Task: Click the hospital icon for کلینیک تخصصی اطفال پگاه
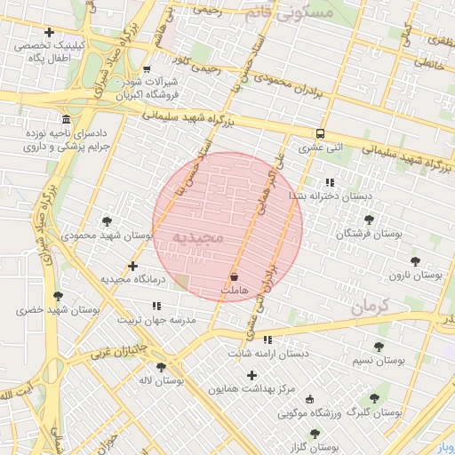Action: pyautogui.click(x=49, y=33)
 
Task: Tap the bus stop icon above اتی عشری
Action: pyautogui.click(x=320, y=134)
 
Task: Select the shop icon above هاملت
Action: pyautogui.click(x=234, y=277)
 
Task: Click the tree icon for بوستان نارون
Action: pyautogui.click(x=415, y=261)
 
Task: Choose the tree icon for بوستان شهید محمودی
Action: pyautogui.click(x=108, y=221)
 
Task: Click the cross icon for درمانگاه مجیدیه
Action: pyautogui.click(x=133, y=265)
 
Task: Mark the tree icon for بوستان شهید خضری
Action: pyautogui.click(x=59, y=296)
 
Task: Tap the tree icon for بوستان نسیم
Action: pyautogui.click(x=379, y=347)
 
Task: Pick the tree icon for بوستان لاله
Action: pyautogui.click(x=161, y=367)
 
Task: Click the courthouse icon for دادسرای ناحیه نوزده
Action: pyautogui.click(x=66, y=120)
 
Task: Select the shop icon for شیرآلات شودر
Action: pyautogui.click(x=147, y=69)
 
